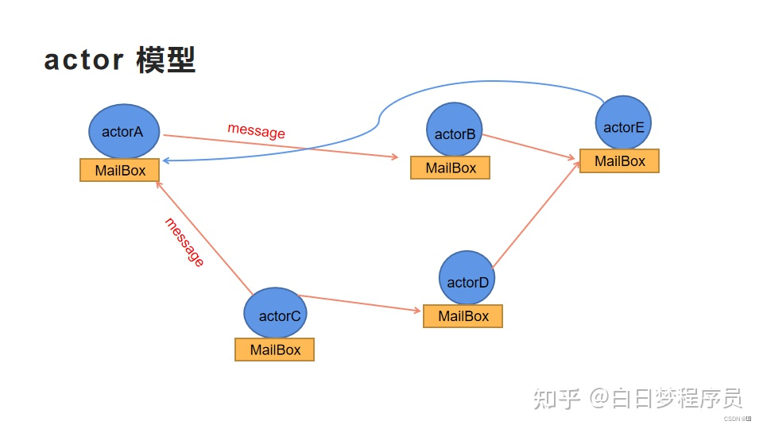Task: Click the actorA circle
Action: coord(124,131)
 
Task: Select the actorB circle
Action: coord(455,130)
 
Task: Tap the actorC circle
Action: coord(275,314)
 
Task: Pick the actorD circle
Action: coord(467,279)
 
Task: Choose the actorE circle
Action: coord(624,123)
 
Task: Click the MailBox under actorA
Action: coord(119,170)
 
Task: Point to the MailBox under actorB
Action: coord(450,168)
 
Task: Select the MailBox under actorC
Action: coord(274,350)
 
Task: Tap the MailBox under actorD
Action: coord(463,316)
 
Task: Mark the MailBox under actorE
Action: coord(619,160)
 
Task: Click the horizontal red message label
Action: coord(256,131)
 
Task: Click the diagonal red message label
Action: coord(184,242)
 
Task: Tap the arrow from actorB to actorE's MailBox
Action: coord(529,147)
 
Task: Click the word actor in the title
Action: coord(84,60)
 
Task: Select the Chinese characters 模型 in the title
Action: coord(165,60)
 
